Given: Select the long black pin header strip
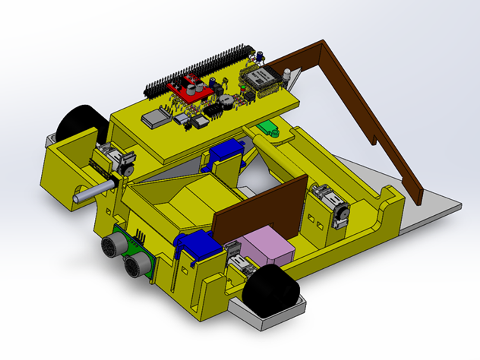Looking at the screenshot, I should click(199, 69).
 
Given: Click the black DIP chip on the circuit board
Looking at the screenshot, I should click(214, 110).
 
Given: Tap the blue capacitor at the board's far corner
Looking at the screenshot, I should click(261, 55).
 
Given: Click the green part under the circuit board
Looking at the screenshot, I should click(270, 128).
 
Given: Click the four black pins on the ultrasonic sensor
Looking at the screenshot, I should click(140, 235).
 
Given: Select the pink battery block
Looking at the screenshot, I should click(266, 248).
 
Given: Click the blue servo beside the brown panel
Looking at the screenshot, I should click(197, 245).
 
